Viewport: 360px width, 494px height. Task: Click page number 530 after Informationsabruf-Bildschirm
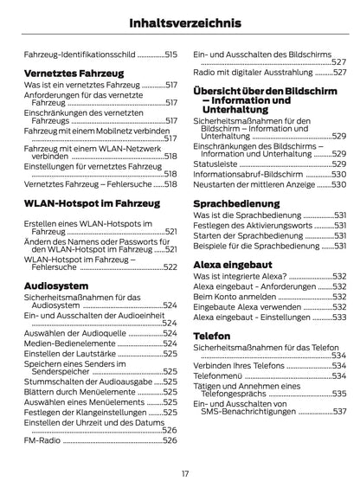tap(338, 173)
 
